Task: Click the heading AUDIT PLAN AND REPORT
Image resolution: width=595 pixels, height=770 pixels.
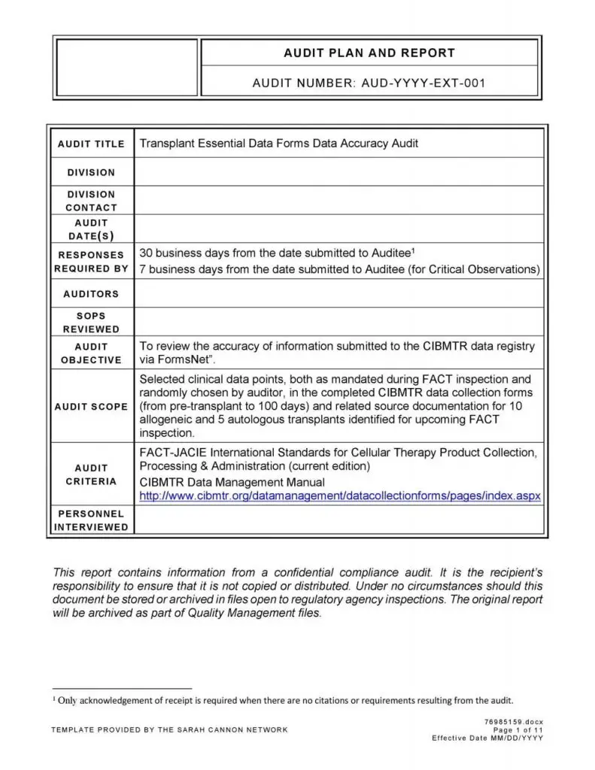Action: pos(369,53)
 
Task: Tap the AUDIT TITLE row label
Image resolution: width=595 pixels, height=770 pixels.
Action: pos(91,144)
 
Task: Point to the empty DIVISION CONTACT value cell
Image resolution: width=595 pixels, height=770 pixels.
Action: pos(338,201)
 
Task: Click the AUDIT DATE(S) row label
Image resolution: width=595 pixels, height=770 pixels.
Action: pos(91,229)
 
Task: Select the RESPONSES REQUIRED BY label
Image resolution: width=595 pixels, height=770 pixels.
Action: pos(91,262)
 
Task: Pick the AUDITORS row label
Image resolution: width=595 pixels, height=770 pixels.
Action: pos(91,294)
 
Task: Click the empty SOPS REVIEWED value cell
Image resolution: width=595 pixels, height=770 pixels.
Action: pos(338,323)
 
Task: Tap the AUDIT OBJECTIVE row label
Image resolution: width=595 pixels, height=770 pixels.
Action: pos(91,353)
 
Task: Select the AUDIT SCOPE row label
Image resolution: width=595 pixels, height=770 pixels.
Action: pos(91,407)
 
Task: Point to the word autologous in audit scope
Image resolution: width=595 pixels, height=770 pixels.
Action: pos(238,420)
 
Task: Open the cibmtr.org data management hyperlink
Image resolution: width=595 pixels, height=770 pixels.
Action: pos(340,496)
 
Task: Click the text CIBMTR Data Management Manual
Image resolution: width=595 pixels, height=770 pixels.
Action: pos(232,482)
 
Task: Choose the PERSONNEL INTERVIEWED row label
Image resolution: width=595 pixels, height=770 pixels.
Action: pos(91,520)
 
